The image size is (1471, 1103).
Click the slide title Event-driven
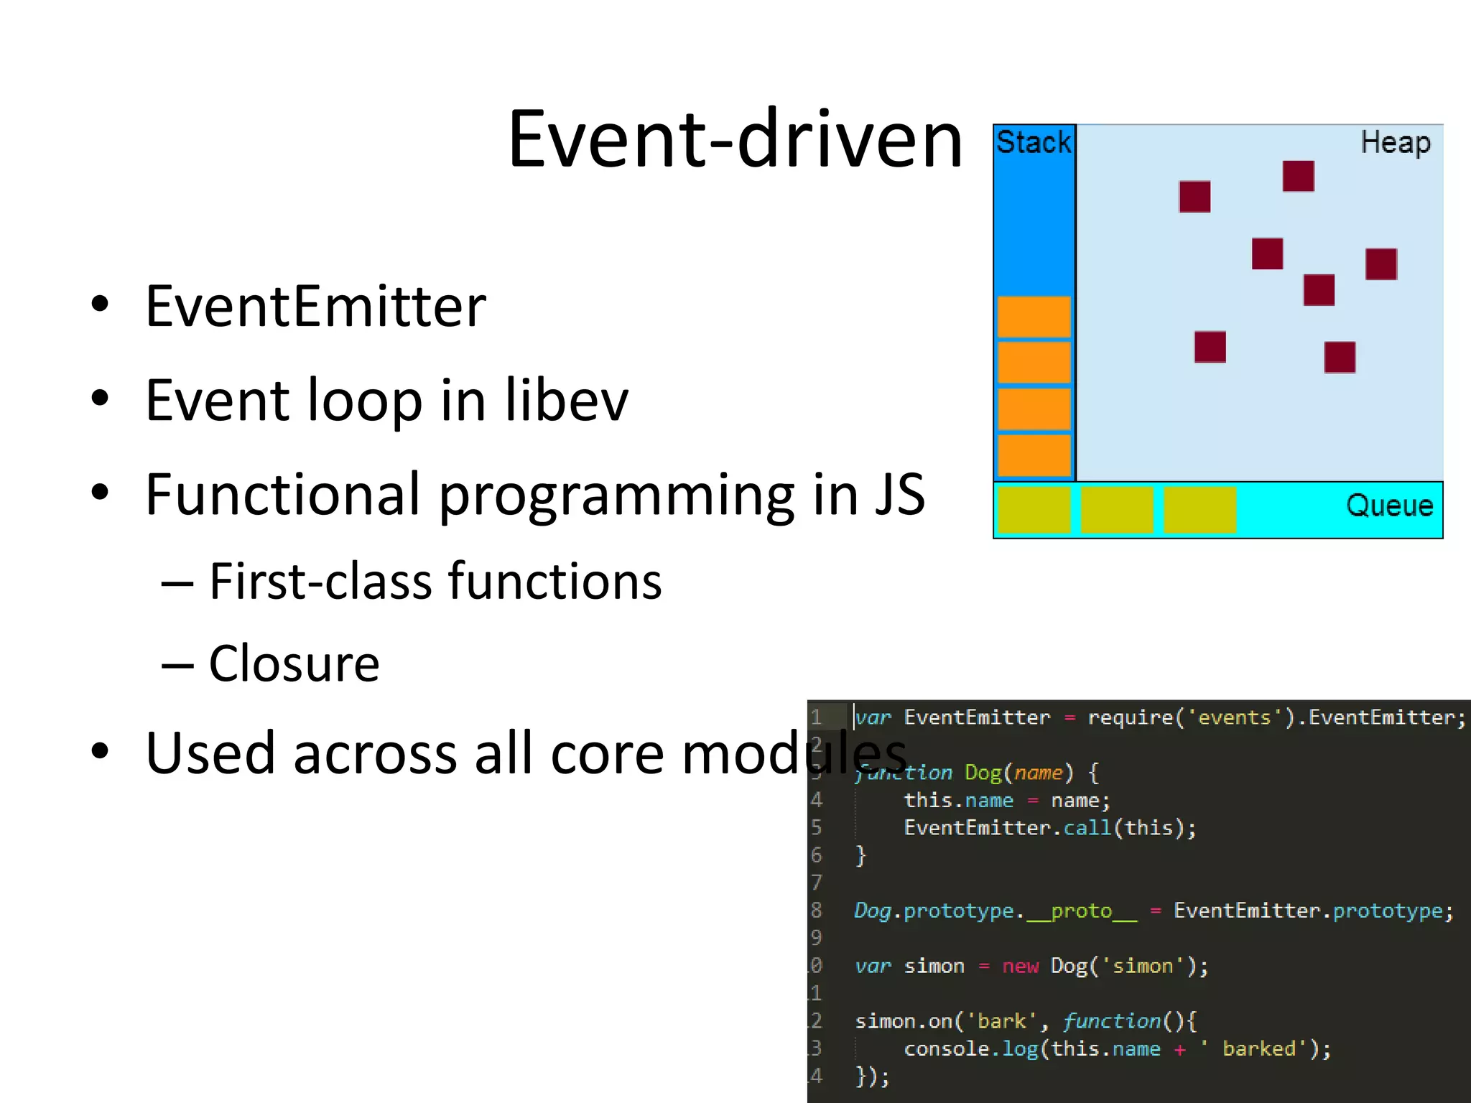(x=734, y=139)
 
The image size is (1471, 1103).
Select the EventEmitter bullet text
(x=315, y=307)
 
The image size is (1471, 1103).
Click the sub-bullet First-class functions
(x=435, y=581)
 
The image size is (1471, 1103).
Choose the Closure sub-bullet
(x=294, y=664)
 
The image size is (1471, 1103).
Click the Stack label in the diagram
(x=1033, y=142)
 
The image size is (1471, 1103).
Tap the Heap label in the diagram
(x=1395, y=142)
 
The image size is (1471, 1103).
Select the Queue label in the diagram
(x=1389, y=506)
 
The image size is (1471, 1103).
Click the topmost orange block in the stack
(x=1034, y=317)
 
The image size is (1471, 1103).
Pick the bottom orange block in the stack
(x=1034, y=455)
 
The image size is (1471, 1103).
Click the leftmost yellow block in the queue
(x=1034, y=510)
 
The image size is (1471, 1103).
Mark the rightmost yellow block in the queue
(x=1199, y=510)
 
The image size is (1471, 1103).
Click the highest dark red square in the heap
(x=1298, y=176)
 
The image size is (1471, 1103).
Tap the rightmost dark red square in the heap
(x=1380, y=264)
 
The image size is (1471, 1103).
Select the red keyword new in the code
(x=1020, y=966)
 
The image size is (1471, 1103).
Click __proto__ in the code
(x=1082, y=911)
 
